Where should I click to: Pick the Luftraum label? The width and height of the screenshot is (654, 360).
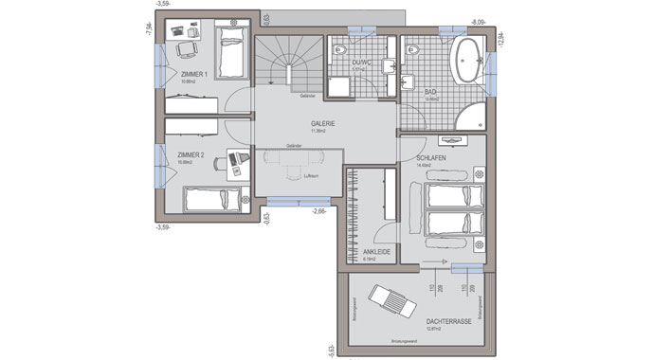point(310,177)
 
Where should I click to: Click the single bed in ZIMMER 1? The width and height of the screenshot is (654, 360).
point(231,53)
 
